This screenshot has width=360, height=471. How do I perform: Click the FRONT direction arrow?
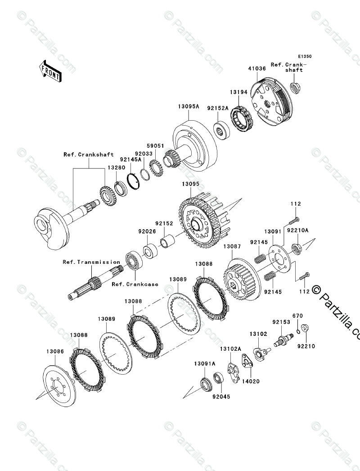[x=50, y=71]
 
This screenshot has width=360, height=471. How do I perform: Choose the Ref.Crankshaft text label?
[x=88, y=154]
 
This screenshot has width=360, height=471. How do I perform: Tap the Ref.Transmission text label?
[x=91, y=262]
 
